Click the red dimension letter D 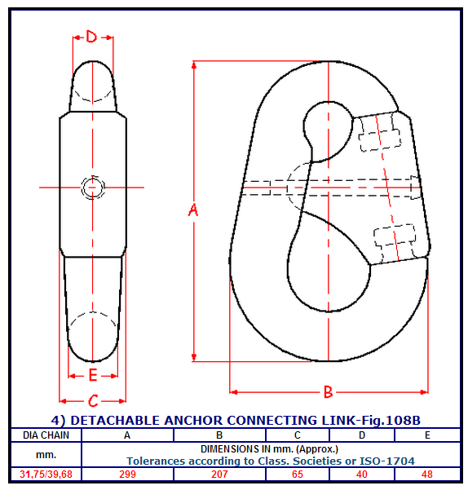pyautogui.click(x=91, y=37)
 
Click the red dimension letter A pyautogui.click(x=193, y=210)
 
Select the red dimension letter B pyautogui.click(x=328, y=392)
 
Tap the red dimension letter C pyautogui.click(x=93, y=401)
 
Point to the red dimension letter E pyautogui.click(x=93, y=375)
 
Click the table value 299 pyautogui.click(x=127, y=475)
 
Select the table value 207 pyautogui.click(x=219, y=475)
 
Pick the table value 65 pyautogui.click(x=298, y=475)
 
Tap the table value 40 pyautogui.click(x=362, y=475)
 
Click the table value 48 pyautogui.click(x=427, y=475)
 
